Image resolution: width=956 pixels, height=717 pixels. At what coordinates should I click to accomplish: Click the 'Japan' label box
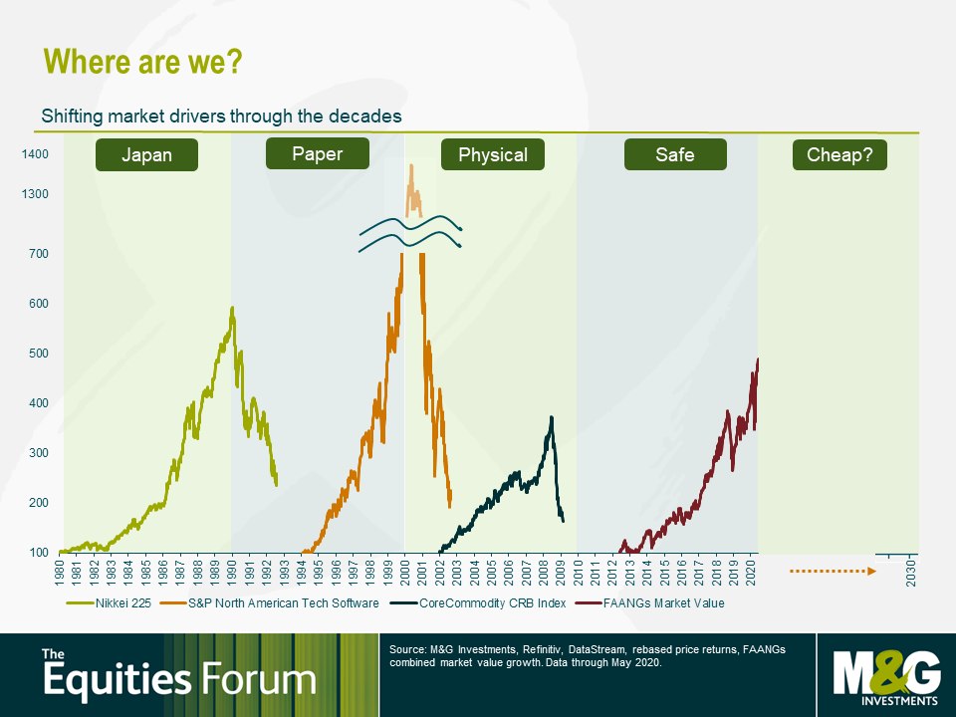147,155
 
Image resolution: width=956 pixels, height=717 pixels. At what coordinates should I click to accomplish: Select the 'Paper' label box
318,153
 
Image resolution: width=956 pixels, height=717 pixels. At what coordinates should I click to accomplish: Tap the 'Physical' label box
493,155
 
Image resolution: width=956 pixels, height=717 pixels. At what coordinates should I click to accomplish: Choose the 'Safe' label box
675,155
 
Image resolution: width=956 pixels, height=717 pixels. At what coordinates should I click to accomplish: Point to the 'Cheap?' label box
839,155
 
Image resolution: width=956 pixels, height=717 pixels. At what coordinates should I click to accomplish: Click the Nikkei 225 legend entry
109,603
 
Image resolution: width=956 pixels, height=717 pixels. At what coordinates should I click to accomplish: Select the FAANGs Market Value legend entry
650,603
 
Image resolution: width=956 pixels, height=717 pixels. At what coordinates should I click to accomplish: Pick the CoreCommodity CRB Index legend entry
478,603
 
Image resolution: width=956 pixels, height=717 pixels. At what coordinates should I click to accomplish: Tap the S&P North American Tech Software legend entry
270,603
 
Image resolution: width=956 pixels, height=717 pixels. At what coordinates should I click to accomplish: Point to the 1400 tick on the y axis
35,154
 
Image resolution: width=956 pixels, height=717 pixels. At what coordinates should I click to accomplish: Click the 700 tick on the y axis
39,254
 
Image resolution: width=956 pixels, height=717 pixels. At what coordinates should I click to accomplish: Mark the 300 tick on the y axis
39,453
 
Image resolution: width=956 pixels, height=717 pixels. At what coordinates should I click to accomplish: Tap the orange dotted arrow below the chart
833,572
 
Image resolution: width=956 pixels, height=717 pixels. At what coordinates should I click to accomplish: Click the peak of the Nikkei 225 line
232,308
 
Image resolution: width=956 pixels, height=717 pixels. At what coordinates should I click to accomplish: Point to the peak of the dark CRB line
552,417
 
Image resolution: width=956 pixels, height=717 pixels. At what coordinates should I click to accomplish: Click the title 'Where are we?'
143,62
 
